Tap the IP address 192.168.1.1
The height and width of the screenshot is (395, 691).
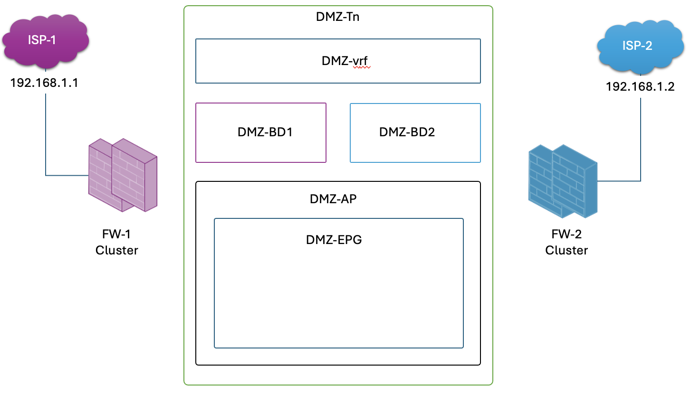pyautogui.click(x=45, y=84)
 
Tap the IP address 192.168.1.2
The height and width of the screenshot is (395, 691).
pyautogui.click(x=640, y=87)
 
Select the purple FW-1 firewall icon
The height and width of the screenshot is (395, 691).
pyautogui.click(x=123, y=175)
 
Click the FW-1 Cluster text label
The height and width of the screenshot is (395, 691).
pyautogui.click(x=117, y=242)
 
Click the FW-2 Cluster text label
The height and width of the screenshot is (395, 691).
pyautogui.click(x=566, y=242)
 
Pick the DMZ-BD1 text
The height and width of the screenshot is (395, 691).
pyautogui.click(x=265, y=132)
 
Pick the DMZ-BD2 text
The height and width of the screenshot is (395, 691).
pyautogui.click(x=407, y=132)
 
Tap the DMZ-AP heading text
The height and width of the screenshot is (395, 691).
pyautogui.click(x=333, y=199)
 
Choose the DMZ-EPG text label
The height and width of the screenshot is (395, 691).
pyautogui.click(x=334, y=240)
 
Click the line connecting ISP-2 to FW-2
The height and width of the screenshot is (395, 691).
pyautogui.click(x=640, y=142)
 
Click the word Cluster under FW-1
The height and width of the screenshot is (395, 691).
pyautogui.click(x=117, y=251)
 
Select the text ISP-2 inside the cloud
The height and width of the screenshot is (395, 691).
pyautogui.click(x=637, y=46)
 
